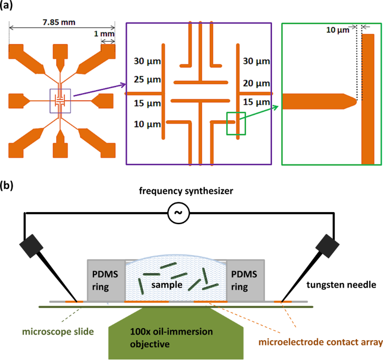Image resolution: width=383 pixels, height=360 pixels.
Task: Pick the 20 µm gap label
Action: tap(255, 84)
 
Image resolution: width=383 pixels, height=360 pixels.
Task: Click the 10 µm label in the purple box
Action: tap(145, 124)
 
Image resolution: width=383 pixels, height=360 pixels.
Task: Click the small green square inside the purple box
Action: tap(236, 124)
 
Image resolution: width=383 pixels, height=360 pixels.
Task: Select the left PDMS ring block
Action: tap(105, 279)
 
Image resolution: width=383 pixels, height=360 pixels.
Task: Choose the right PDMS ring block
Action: tap(245, 279)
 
